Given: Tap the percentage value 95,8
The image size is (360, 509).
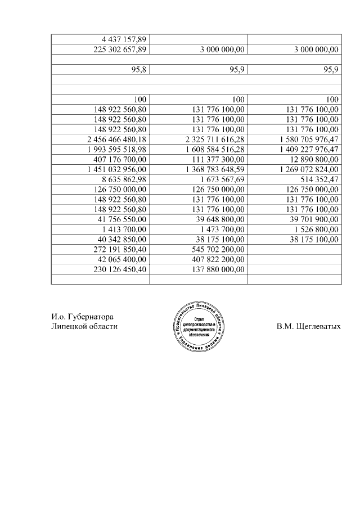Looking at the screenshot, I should click(138, 69).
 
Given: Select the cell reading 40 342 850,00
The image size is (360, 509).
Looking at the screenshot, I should click(122, 240).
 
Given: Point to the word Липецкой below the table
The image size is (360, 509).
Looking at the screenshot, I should click(67, 327).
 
